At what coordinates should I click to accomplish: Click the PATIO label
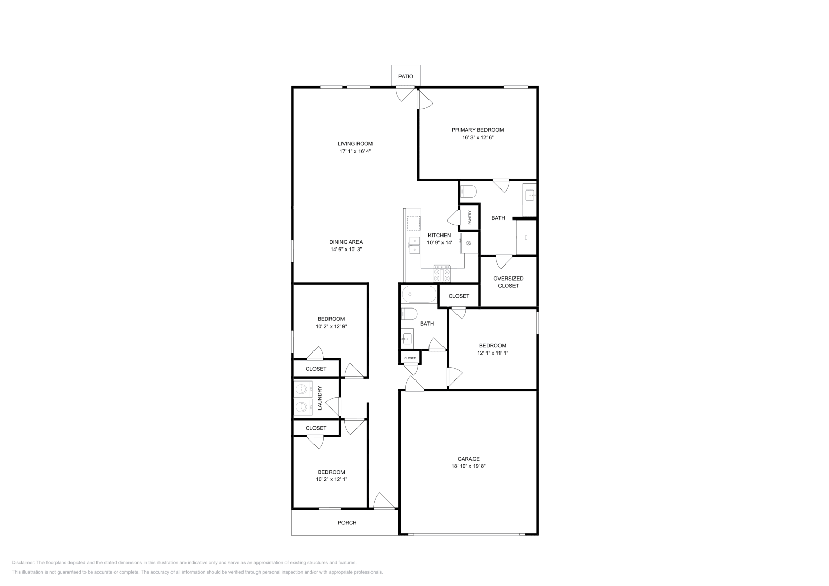click(x=406, y=77)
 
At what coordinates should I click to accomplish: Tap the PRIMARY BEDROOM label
click(x=478, y=130)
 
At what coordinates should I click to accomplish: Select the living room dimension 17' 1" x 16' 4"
click(x=355, y=151)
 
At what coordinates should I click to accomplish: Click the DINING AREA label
click(x=346, y=242)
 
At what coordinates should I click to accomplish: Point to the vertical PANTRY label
click(x=470, y=217)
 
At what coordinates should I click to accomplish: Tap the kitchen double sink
click(x=414, y=245)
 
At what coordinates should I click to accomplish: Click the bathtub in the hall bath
click(x=419, y=294)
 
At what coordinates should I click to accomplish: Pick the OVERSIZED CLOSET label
click(x=508, y=282)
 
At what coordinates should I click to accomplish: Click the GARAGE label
click(x=468, y=459)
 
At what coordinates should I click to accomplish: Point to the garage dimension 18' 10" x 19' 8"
click(x=468, y=466)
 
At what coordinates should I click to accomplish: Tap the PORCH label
click(x=347, y=523)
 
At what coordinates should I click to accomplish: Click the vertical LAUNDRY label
click(x=320, y=398)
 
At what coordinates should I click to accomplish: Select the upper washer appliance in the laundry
click(x=303, y=389)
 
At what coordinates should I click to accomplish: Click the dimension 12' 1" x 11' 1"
click(x=493, y=353)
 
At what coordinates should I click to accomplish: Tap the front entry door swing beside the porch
click(x=384, y=502)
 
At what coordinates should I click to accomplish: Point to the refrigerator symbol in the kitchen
click(x=469, y=243)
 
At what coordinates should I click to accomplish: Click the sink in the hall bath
click(x=407, y=338)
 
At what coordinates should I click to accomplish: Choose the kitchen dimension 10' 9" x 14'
click(x=440, y=243)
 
